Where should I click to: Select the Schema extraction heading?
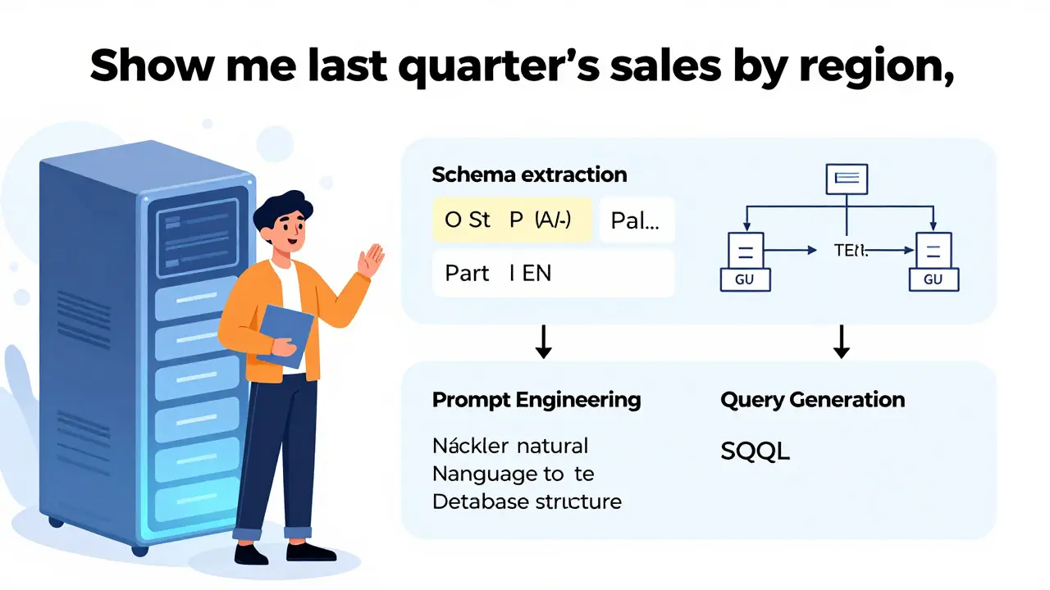(529, 175)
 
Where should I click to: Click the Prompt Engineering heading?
(536, 400)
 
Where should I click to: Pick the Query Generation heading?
(812, 400)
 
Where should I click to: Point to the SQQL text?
(755, 451)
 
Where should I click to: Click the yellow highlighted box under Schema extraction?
(512, 220)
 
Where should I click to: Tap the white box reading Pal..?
(637, 220)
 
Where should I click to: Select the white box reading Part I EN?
(553, 273)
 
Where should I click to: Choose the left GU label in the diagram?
(744, 279)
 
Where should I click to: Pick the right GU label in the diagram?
(934, 279)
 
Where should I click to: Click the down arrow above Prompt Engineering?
(542, 341)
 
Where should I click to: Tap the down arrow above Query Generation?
(840, 341)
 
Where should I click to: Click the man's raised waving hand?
(372, 261)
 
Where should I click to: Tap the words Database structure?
(526, 501)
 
